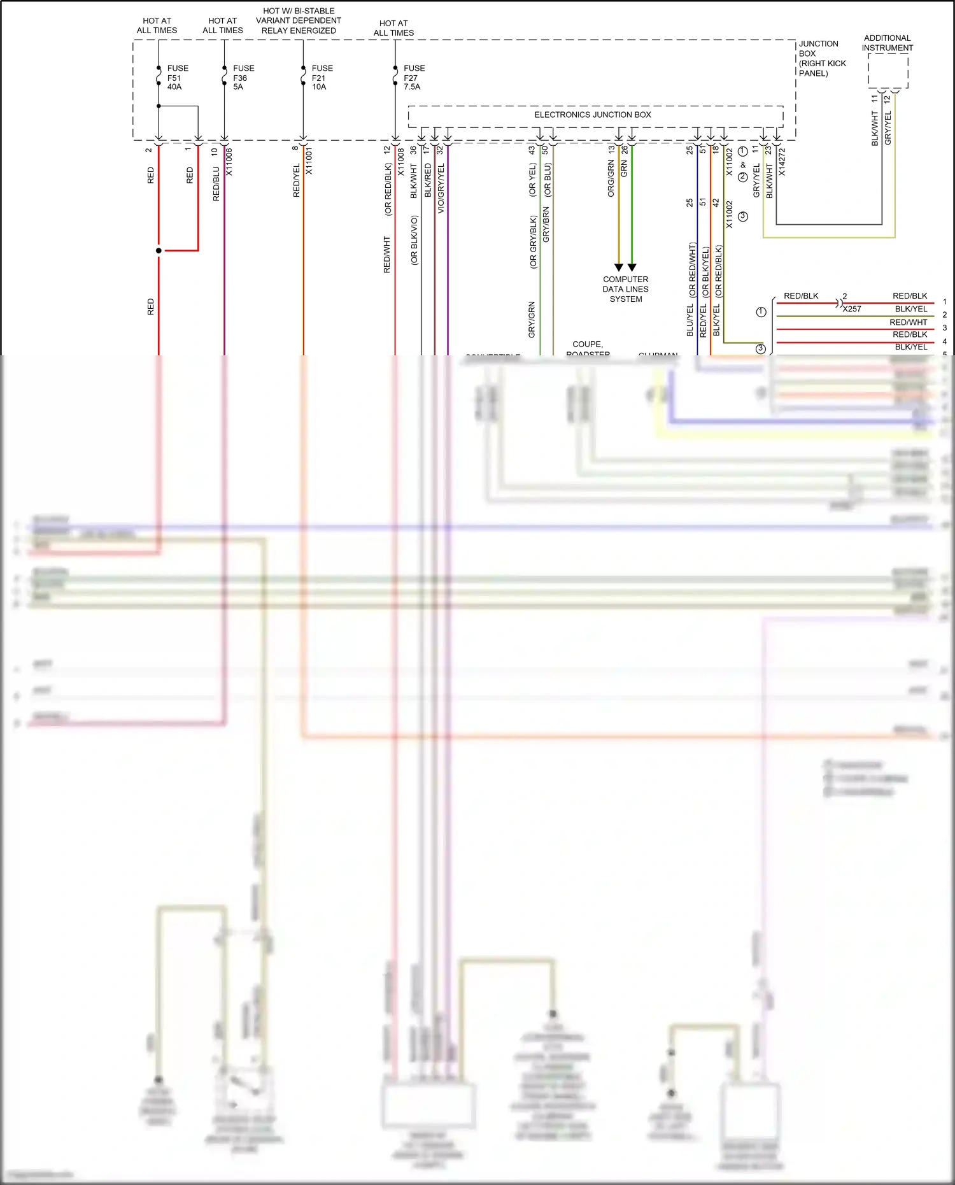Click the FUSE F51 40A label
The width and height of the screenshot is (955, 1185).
177,77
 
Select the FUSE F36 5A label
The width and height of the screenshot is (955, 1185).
243,77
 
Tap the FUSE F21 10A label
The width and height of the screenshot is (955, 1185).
322,77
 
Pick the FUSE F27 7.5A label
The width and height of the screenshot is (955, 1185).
413,77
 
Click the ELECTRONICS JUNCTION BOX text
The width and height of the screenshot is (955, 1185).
592,115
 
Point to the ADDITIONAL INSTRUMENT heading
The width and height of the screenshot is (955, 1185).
887,43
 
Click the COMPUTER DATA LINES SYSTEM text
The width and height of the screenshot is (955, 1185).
625,289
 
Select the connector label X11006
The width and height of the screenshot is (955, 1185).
229,162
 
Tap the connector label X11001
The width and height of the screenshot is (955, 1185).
309,162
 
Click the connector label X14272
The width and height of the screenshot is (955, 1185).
782,162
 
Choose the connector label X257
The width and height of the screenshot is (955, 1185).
852,309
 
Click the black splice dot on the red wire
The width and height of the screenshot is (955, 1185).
159,251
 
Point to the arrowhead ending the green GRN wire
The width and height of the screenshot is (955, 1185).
632,267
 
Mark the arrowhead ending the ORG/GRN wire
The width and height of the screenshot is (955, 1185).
618,267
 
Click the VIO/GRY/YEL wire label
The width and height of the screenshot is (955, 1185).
441,188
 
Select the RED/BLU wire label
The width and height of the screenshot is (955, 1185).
216,184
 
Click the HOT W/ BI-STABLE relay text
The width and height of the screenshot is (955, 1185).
299,20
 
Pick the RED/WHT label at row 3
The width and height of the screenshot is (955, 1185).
908,322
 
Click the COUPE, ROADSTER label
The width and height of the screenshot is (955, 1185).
587,348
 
